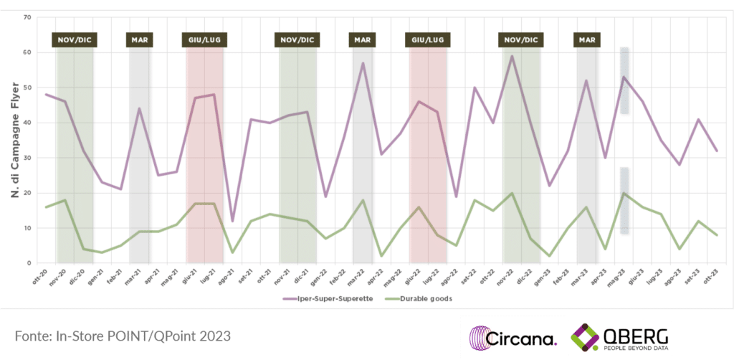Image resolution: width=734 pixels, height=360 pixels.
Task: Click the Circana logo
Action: pyautogui.click(x=513, y=337)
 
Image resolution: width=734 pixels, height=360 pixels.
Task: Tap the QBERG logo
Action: pyautogui.click(x=620, y=337)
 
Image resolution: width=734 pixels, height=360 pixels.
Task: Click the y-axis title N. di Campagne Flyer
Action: pyautogui.click(x=14, y=140)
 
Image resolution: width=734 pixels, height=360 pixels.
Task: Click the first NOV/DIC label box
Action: pyautogui.click(x=74, y=39)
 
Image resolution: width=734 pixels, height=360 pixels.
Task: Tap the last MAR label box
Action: pyautogui.click(x=586, y=39)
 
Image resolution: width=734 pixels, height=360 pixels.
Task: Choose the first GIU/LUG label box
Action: pyautogui.click(x=204, y=39)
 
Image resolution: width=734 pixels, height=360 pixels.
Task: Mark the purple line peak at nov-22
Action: pyautogui.click(x=512, y=56)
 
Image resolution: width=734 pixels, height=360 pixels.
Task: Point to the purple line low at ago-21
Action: pyautogui.click(x=232, y=221)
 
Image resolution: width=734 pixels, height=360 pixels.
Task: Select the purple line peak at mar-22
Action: pyautogui.click(x=363, y=63)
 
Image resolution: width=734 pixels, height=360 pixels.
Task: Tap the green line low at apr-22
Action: pyautogui.click(x=381, y=256)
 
